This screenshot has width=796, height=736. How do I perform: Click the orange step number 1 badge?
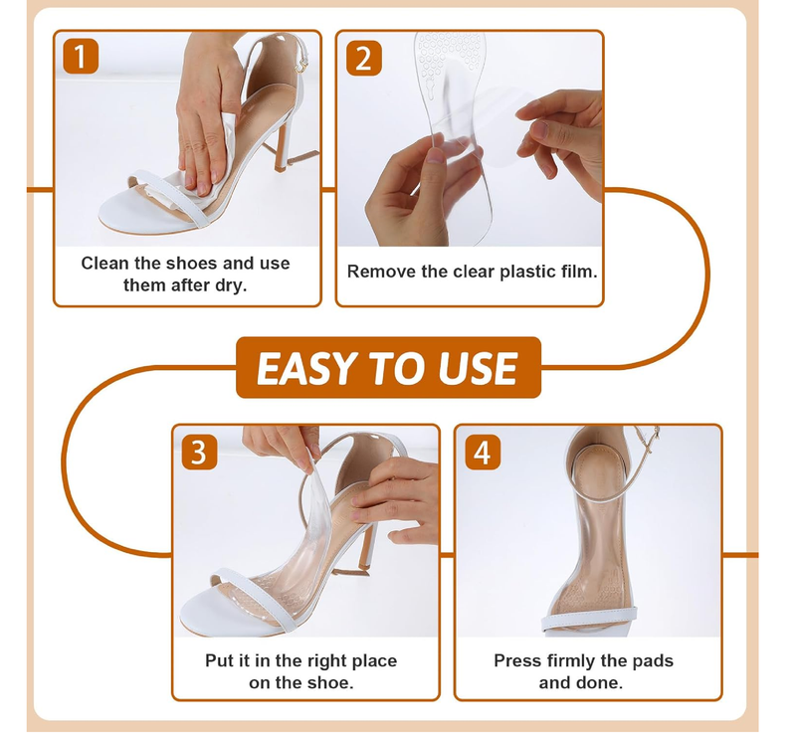(81, 57)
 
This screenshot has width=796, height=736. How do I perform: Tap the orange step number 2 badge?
(363, 58)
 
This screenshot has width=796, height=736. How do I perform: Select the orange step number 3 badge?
(200, 452)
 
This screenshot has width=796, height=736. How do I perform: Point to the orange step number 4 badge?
(483, 452)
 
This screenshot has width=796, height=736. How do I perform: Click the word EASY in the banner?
(306, 368)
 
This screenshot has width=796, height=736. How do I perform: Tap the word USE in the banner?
(478, 368)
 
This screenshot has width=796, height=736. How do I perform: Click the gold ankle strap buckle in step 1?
(303, 64)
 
